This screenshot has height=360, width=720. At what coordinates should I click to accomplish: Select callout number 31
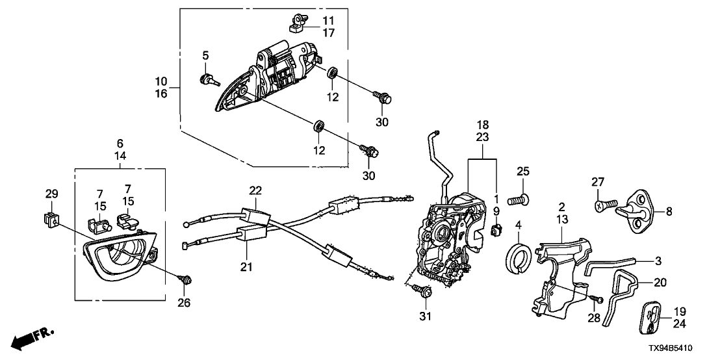coord(424,316)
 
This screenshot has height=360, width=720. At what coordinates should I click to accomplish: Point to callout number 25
coord(523,172)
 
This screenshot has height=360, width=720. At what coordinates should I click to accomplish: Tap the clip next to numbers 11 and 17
coord(295,23)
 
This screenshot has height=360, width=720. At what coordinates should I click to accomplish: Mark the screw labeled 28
coord(597,300)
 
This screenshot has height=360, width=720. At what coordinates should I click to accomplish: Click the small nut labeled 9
coord(496,229)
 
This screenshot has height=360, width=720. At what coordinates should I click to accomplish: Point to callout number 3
coord(658,261)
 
